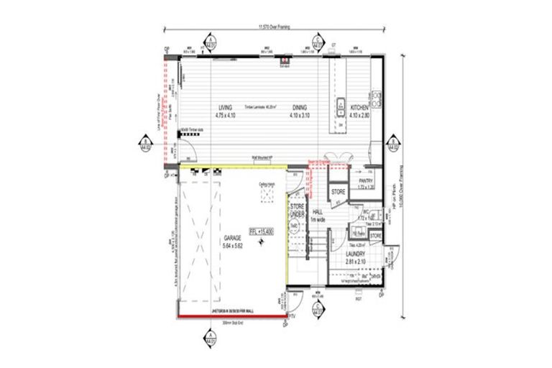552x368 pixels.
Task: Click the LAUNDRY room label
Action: click(x=355, y=254)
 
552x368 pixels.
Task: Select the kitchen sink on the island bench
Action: click(x=340, y=105)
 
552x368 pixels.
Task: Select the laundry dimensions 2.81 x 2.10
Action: click(x=355, y=262)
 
